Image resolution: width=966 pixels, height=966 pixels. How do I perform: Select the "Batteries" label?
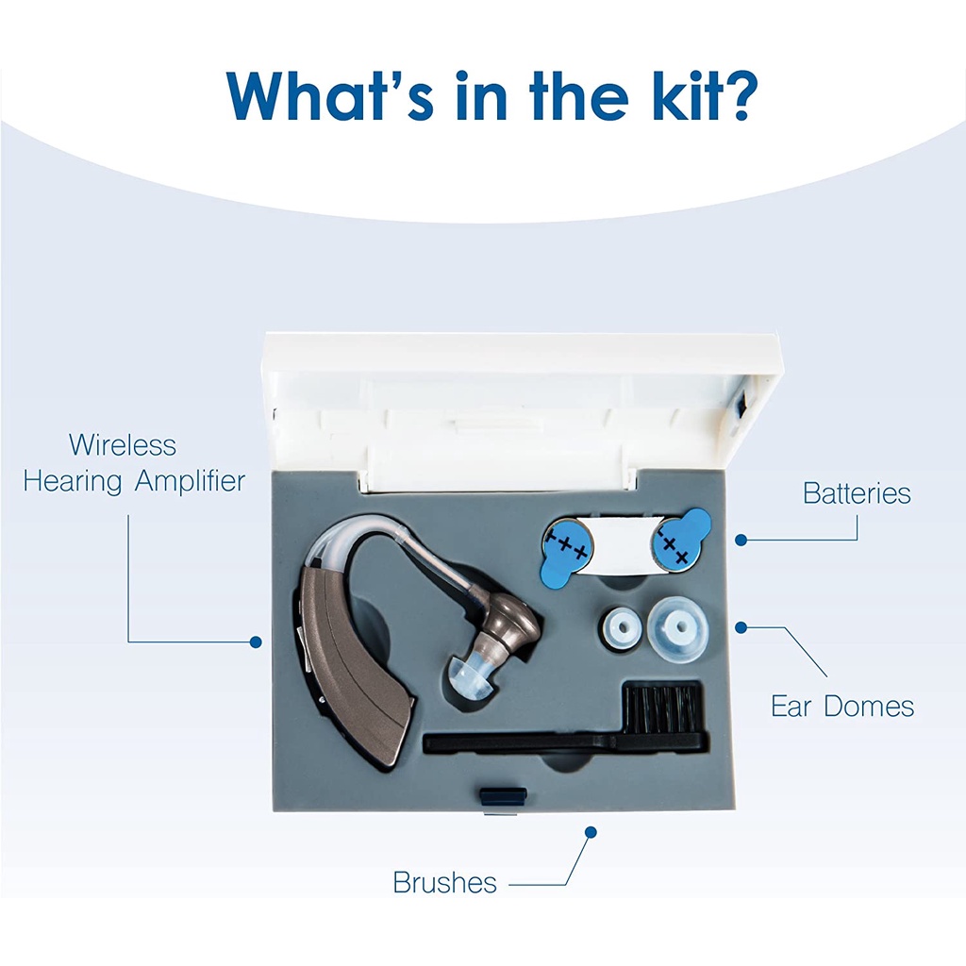click(857, 493)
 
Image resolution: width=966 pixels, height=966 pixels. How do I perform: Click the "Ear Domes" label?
click(842, 707)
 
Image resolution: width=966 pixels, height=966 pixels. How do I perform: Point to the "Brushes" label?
click(445, 882)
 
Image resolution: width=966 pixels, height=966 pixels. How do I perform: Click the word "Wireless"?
click(123, 445)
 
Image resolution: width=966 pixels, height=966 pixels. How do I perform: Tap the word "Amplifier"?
click(191, 481)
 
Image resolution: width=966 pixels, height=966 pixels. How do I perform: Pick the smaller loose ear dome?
click(623, 629)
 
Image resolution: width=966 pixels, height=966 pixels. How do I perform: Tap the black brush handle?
click(524, 743)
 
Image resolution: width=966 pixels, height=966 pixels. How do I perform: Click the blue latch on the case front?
click(503, 796)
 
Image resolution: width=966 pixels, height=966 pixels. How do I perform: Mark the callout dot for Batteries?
click(741, 541)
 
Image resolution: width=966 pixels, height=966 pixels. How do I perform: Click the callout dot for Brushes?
click(591, 832)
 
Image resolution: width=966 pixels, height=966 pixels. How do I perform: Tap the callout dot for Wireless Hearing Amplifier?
click(256, 641)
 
